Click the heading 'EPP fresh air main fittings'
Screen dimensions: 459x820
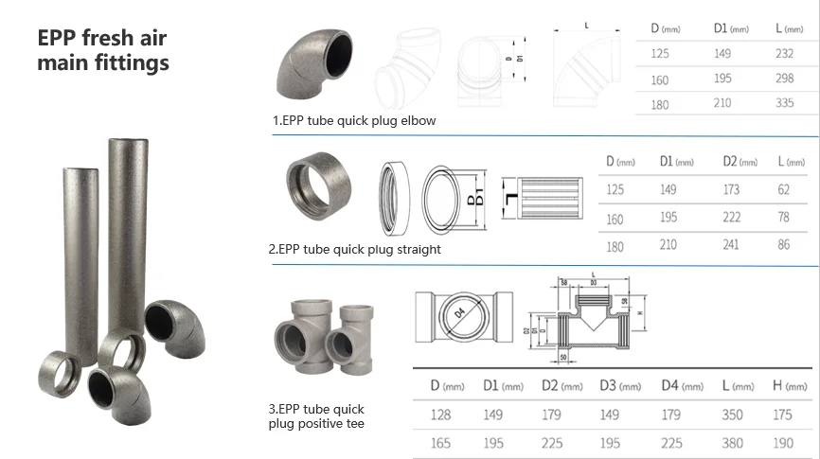tap(103, 51)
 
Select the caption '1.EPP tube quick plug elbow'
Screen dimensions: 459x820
tap(354, 121)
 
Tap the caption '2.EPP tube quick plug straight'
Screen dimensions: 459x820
tap(354, 250)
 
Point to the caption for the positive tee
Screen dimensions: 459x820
tap(316, 416)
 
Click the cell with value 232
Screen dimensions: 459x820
tap(784, 54)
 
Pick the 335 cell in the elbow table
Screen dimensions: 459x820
tap(784, 104)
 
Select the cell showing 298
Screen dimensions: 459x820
tap(784, 79)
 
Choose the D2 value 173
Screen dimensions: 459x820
tap(731, 190)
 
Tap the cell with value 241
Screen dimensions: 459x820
tap(731, 245)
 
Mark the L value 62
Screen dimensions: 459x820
tap(783, 190)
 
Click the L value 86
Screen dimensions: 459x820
tap(783, 245)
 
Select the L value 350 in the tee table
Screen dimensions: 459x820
tap(731, 415)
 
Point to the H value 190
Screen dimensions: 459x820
tap(783, 443)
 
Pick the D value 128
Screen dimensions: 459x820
tap(441, 415)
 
